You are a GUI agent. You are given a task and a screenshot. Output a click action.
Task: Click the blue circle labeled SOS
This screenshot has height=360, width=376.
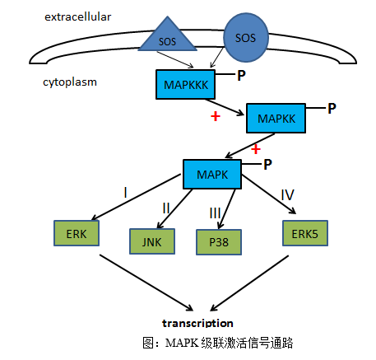tap(246, 38)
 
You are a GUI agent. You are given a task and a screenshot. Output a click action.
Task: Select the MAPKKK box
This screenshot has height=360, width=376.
tap(185, 84)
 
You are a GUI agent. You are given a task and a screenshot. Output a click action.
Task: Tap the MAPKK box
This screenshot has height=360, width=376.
tap(276, 119)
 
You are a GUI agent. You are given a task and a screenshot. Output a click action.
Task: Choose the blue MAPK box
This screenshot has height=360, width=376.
tap(212, 175)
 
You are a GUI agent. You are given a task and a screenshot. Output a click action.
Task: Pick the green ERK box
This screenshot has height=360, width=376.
tap(77, 233)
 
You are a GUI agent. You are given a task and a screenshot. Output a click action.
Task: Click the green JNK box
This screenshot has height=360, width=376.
tap(152, 241)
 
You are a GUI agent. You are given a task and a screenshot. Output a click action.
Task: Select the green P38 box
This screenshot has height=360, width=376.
tap(219, 242)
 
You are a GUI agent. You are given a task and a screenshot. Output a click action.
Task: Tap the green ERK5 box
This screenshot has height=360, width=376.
tap(305, 233)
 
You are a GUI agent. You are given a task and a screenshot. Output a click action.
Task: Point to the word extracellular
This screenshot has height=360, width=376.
tap(78, 17)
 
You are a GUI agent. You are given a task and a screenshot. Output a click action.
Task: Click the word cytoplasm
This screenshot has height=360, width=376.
tap(70, 82)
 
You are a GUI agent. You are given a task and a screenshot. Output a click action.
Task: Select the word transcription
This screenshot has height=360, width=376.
tap(197, 323)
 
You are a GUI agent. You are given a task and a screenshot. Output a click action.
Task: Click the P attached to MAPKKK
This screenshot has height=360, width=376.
tap(241, 76)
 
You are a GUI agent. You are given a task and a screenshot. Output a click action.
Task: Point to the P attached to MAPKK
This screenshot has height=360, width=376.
tap(332, 109)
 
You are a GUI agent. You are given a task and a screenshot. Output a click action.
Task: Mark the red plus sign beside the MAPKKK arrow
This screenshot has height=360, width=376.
tap(216, 116)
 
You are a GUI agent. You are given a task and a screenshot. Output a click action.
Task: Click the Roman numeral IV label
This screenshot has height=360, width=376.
tap(287, 195)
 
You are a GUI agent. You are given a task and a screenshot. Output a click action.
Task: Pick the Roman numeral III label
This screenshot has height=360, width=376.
tap(215, 213)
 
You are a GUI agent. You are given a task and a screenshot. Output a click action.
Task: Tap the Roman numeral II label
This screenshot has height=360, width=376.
tap(166, 208)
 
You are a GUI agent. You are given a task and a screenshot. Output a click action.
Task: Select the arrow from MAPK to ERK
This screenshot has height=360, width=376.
tap(136, 197)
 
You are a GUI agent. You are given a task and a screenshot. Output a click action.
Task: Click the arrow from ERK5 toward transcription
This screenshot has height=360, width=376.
tap(249, 283)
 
